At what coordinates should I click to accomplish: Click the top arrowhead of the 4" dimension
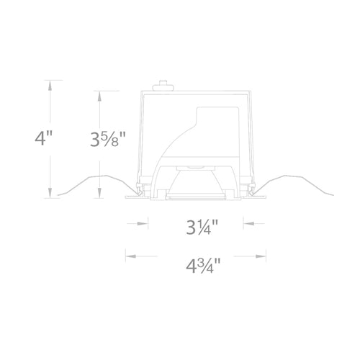50,82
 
